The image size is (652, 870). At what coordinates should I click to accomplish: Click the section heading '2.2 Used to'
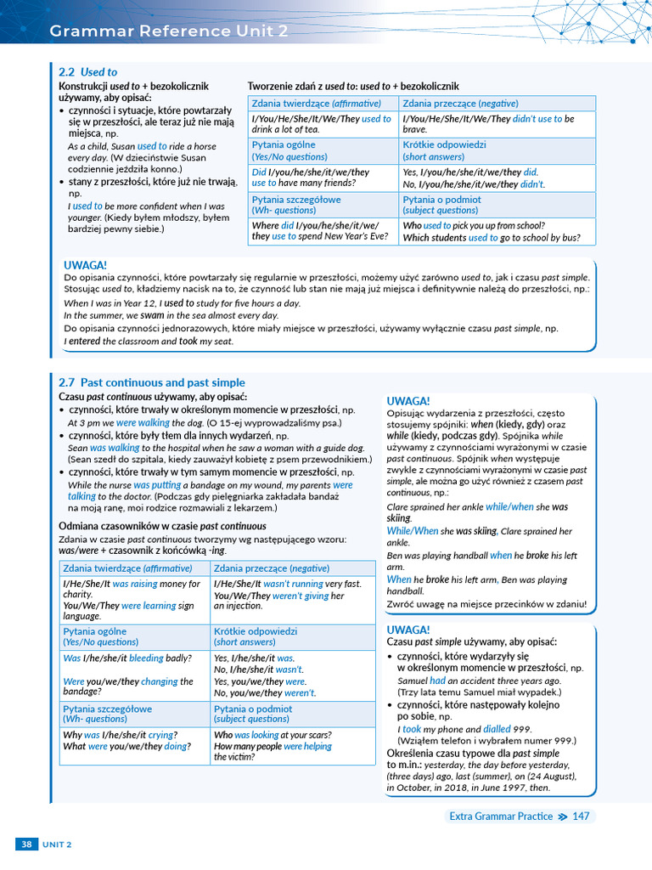coord(88,72)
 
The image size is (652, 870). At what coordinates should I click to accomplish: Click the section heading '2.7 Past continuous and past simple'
coord(152,382)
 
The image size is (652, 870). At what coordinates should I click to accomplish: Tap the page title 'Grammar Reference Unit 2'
coord(169,31)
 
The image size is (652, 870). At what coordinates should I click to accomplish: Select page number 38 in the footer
coord(26,844)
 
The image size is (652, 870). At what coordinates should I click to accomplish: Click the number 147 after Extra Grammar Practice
coord(581,816)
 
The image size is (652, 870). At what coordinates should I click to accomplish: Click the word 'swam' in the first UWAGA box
coord(154,315)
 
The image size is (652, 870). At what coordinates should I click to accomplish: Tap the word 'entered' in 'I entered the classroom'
coord(85,342)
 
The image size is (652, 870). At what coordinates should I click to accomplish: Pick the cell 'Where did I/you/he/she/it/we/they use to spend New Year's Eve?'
coord(323,231)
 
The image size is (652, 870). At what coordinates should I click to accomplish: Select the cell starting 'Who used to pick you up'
coord(497,231)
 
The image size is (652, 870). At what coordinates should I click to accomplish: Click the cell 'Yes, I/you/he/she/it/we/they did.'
coord(497,178)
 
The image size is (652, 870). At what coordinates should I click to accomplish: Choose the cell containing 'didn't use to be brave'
coord(497,124)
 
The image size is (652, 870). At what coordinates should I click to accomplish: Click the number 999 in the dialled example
coord(523,729)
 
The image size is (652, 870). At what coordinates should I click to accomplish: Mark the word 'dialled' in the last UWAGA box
coord(497,729)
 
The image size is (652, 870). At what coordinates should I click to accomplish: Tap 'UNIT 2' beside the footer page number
coord(58,845)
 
